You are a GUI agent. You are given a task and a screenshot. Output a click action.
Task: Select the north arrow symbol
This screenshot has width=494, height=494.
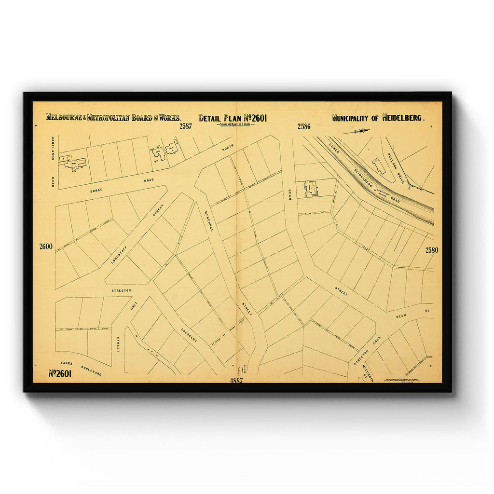tap(357, 131)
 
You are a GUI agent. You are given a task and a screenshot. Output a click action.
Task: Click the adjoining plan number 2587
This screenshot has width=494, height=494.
tap(186, 127)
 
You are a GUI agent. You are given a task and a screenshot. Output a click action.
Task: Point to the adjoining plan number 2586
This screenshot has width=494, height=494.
tap(304, 127)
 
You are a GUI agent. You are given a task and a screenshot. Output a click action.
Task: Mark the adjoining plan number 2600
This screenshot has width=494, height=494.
tap(46, 247)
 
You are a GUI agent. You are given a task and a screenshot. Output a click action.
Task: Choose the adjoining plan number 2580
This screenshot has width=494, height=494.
tap(432, 250)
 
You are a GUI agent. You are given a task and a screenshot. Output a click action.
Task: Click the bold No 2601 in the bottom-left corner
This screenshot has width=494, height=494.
tap(60, 373)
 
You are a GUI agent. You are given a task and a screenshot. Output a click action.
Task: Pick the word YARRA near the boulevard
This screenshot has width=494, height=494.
tap(66, 362)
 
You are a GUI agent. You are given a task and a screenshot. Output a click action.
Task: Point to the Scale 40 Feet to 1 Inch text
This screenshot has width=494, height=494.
tap(233, 124)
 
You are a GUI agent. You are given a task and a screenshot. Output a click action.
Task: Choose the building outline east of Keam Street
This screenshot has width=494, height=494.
tap(310, 189)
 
